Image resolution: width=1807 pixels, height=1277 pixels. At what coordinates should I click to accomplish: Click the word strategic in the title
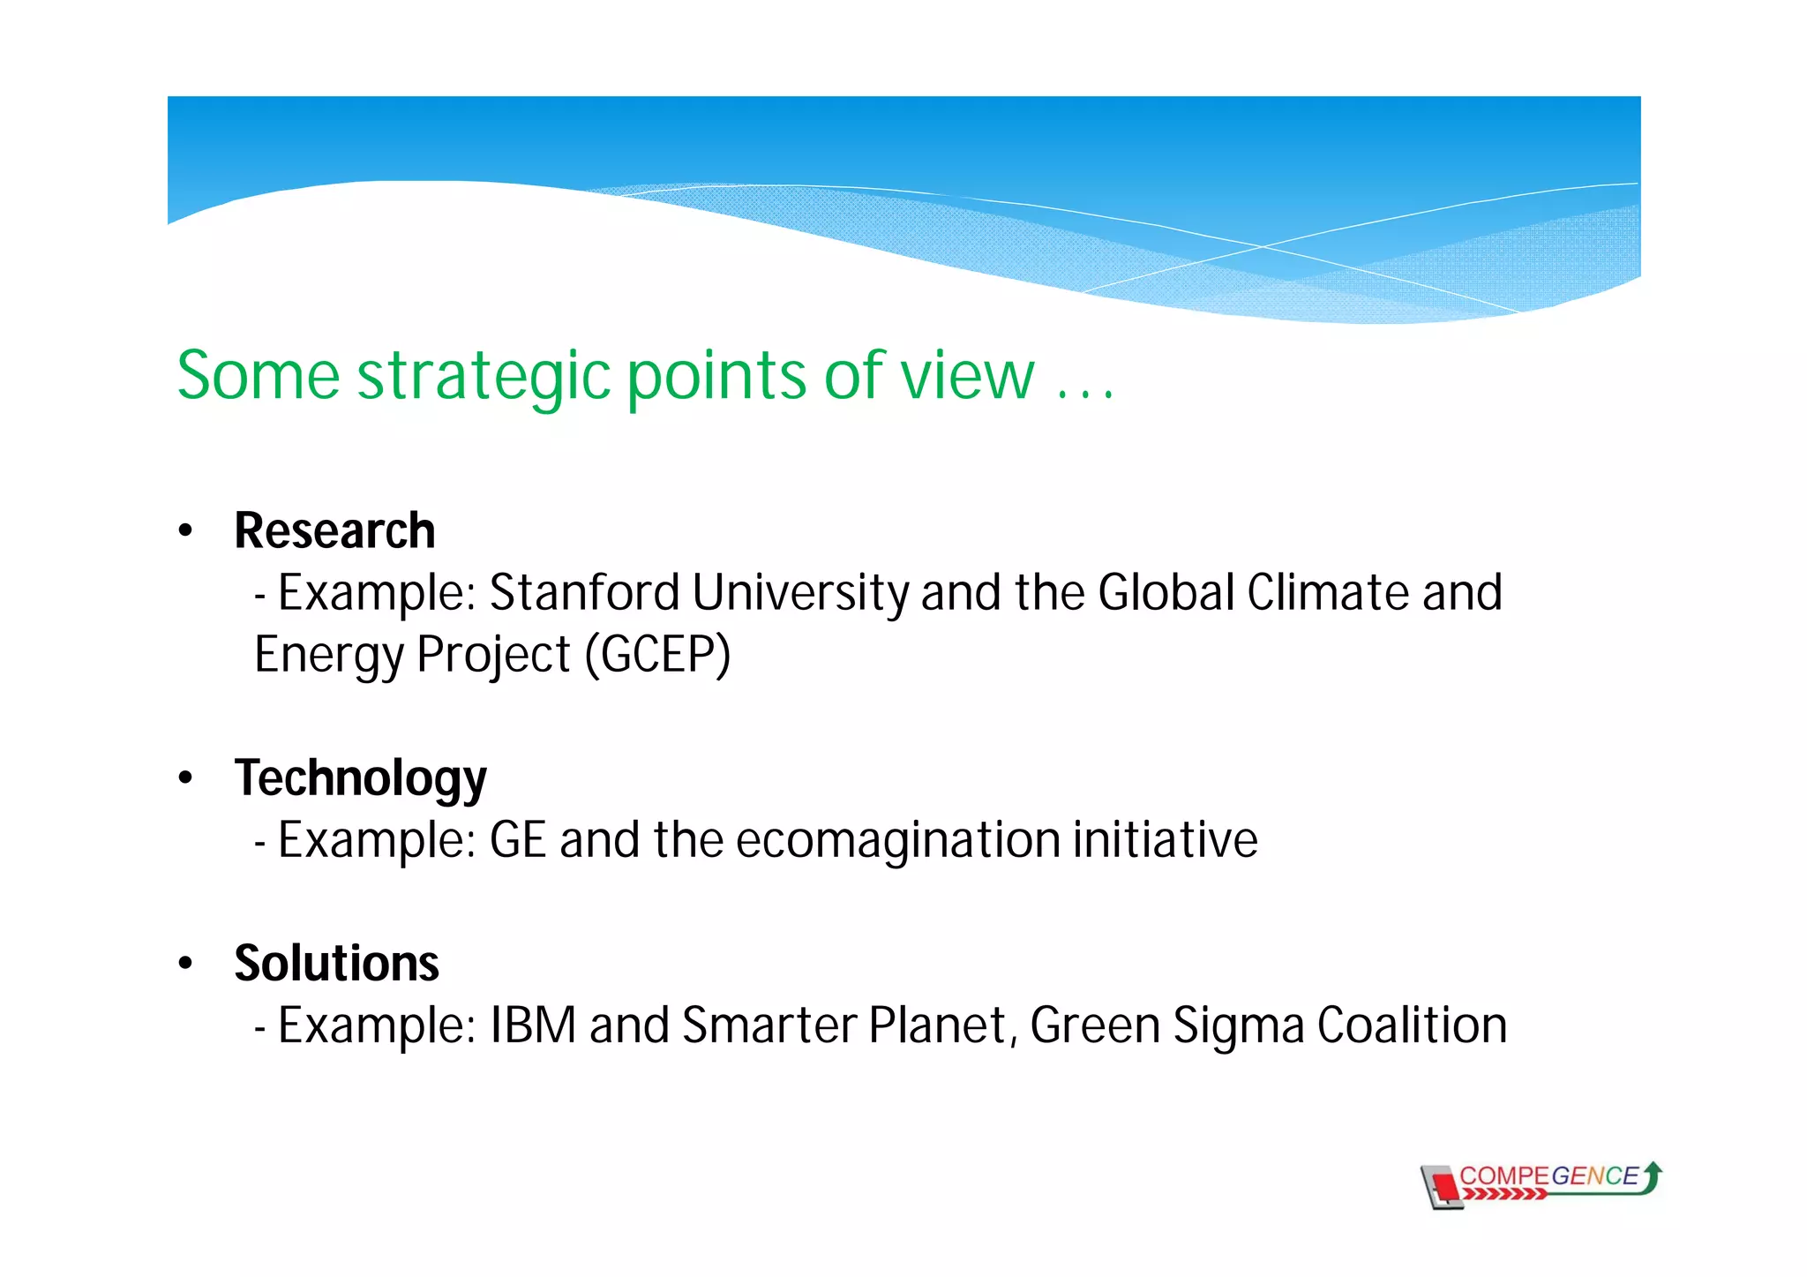tap(484, 377)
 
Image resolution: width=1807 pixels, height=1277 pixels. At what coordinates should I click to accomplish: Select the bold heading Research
tap(334, 531)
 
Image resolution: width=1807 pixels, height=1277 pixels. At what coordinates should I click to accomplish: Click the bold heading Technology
tap(360, 779)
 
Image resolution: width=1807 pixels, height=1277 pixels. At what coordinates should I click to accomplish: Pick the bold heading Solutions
tap(336, 964)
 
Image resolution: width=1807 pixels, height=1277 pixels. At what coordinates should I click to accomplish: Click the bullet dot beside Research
tap(184, 531)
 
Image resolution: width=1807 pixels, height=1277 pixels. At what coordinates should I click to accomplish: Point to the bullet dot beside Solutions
tap(184, 964)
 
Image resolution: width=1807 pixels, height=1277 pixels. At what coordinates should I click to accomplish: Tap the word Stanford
tap(583, 593)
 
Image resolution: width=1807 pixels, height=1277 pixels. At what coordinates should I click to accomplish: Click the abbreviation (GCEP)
tap(658, 655)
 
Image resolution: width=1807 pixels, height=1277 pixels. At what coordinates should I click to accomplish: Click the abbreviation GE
tap(518, 840)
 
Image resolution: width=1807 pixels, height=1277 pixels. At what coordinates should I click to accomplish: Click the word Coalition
tap(1412, 1025)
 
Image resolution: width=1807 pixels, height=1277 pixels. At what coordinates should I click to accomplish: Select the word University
tap(800, 593)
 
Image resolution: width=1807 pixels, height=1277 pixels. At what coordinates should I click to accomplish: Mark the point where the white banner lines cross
tap(1263, 246)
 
